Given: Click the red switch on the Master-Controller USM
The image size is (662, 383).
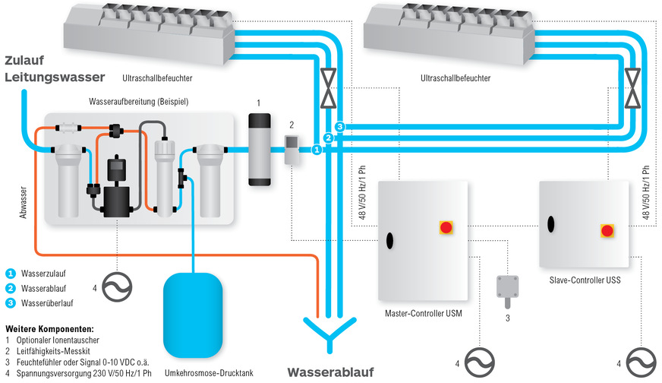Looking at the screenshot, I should (446, 227).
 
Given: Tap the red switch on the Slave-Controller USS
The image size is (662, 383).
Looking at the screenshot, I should (607, 230).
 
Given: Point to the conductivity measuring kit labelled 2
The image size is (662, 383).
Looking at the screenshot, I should (292, 150).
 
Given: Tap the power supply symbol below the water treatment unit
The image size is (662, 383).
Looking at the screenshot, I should (117, 287).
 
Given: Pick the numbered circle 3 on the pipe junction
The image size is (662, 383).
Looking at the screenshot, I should (340, 126).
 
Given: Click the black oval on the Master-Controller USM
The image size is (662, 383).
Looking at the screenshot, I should (389, 240).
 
